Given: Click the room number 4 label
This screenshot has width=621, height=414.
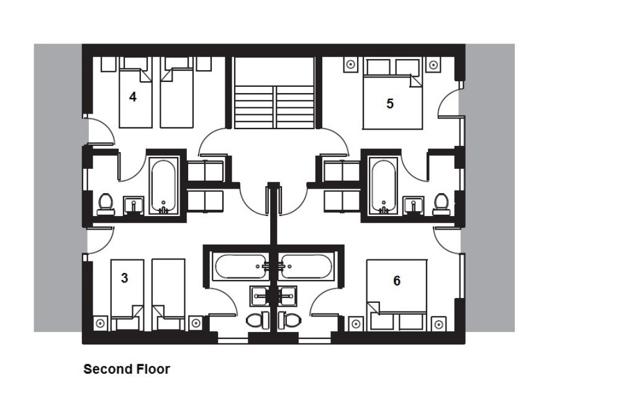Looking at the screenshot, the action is pyautogui.click(x=133, y=97).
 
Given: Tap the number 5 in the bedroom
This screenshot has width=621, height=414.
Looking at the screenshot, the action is pyautogui.click(x=390, y=104).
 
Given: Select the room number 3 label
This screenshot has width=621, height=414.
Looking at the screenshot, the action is pyautogui.click(x=124, y=278).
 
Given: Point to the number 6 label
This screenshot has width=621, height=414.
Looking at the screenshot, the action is pyautogui.click(x=397, y=281).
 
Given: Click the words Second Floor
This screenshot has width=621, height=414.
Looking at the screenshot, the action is pyautogui.click(x=127, y=369).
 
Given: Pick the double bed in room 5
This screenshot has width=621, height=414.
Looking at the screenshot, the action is pyautogui.click(x=393, y=94).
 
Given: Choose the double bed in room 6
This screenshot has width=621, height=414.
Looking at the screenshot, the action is pyautogui.click(x=397, y=295).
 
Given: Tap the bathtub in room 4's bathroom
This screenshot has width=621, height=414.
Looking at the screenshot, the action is pyautogui.click(x=163, y=186).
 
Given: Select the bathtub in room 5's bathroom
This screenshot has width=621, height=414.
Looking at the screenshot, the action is pyautogui.click(x=383, y=186).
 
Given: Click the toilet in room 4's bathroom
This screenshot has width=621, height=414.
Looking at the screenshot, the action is pyautogui.click(x=106, y=204).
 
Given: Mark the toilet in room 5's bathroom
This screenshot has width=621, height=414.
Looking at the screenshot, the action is pyautogui.click(x=441, y=204).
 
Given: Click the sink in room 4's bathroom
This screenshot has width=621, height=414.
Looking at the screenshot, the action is pyautogui.click(x=134, y=205).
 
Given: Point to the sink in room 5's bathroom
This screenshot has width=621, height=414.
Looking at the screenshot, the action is pyautogui.click(x=413, y=205).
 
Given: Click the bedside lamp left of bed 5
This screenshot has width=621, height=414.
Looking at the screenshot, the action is pyautogui.click(x=350, y=65).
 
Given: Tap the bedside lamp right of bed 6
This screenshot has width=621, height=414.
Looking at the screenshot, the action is pyautogui.click(x=438, y=324).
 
